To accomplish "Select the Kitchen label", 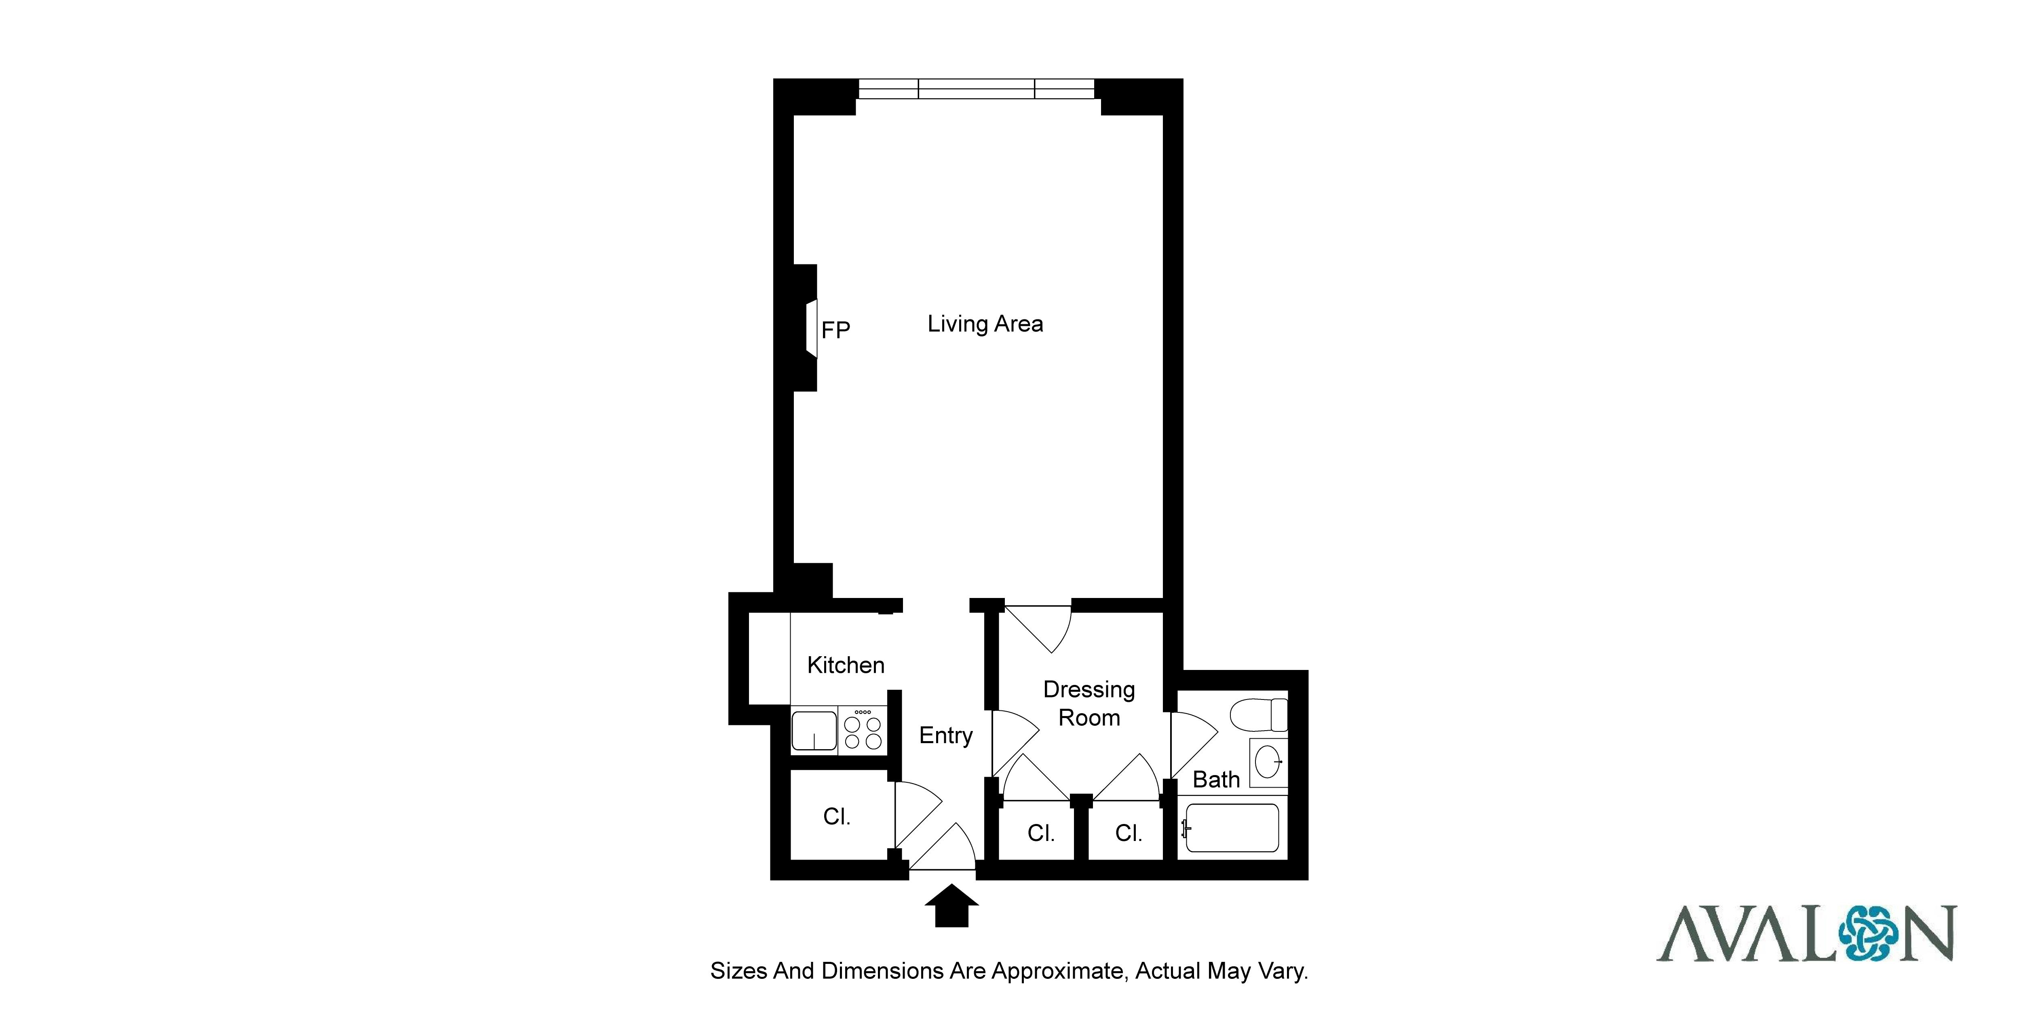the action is pos(846,665).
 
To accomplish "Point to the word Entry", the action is pos(946,736).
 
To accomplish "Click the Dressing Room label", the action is pos(1089,704).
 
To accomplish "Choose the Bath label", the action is pos(1216,780).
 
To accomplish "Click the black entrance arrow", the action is pos(951,905).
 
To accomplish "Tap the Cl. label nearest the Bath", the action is pos(1128,833).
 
